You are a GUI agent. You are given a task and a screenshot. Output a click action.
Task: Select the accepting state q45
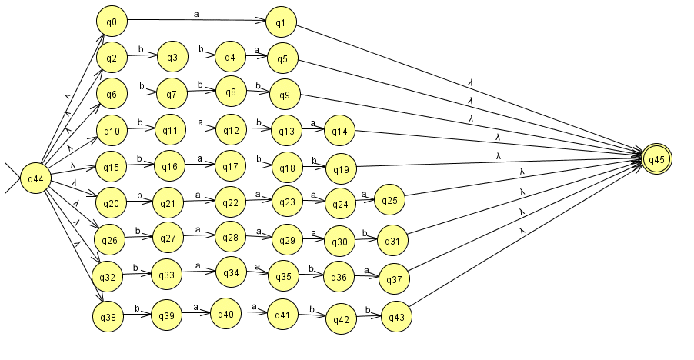[656, 160]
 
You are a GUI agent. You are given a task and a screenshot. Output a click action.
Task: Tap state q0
[112, 22]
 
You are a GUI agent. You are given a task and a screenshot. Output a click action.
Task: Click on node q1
[281, 23]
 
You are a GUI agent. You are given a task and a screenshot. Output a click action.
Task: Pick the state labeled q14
[340, 131]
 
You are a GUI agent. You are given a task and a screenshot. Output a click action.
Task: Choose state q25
[390, 201]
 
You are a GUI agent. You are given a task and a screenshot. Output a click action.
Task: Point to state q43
[395, 317]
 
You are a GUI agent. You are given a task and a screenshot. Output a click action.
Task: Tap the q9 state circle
[284, 95]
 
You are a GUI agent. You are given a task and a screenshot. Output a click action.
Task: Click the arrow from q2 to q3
[142, 56]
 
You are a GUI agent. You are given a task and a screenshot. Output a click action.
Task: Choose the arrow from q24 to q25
[363, 202]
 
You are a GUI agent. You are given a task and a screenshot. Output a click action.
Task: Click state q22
[230, 202]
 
